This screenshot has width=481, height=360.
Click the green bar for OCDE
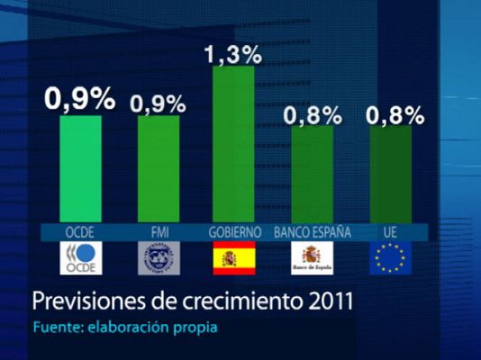click(80, 169)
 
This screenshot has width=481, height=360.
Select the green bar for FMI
click(158, 169)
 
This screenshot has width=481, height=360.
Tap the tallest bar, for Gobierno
click(234, 144)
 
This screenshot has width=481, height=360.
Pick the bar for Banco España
click(312, 175)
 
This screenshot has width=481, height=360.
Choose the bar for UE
click(390, 175)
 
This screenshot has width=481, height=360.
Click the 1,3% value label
click(233, 55)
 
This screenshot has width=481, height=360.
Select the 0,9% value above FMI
click(158, 103)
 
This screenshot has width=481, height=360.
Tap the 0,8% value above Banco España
click(313, 115)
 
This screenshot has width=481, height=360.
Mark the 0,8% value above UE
click(395, 115)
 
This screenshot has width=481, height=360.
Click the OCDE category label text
click(80, 232)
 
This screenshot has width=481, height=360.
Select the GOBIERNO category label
click(234, 232)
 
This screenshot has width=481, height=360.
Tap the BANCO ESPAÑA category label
click(312, 232)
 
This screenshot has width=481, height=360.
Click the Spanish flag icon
click(234, 258)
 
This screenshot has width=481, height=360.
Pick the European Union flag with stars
click(390, 258)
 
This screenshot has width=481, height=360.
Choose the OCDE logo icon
click(80, 258)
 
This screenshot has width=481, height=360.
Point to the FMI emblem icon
click(158, 258)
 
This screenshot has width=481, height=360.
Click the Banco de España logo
click(312, 258)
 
